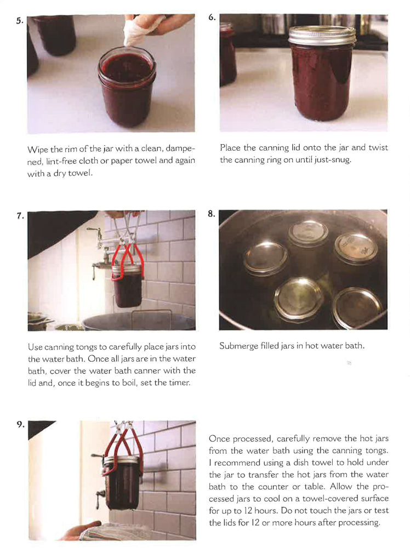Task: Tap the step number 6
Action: tap(212, 18)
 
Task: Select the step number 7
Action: tap(20, 216)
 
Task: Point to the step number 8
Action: tap(212, 214)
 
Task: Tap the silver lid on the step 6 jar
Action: tap(322, 36)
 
